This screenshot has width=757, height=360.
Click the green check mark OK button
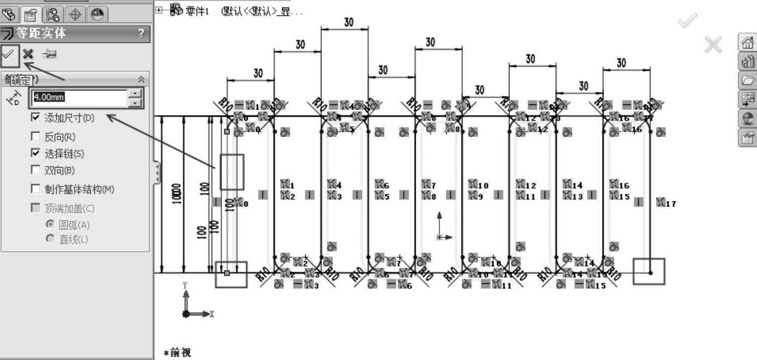tap(9, 54)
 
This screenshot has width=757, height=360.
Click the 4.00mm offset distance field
tap(79, 97)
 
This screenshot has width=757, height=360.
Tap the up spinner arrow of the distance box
tap(135, 93)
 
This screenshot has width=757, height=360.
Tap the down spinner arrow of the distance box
tap(135, 102)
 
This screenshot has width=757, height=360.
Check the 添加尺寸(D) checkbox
tap(36, 118)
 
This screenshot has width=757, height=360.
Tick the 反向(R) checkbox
tap(36, 137)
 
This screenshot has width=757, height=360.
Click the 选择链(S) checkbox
tap(36, 153)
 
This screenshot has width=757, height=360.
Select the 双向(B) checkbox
tap(36, 170)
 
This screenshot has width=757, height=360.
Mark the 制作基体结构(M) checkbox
tap(36, 189)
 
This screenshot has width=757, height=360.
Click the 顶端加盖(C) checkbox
tap(36, 208)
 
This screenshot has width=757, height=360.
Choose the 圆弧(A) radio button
tap(50, 225)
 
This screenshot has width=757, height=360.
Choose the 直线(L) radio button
tap(50, 239)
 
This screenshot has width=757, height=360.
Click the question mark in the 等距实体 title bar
tap(141, 34)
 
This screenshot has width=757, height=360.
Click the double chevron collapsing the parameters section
tap(141, 79)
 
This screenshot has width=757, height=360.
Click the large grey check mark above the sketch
tap(687, 21)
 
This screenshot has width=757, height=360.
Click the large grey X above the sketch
tap(713, 45)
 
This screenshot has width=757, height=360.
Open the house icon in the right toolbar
tap(747, 43)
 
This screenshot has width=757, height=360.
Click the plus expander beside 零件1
tap(159, 10)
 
